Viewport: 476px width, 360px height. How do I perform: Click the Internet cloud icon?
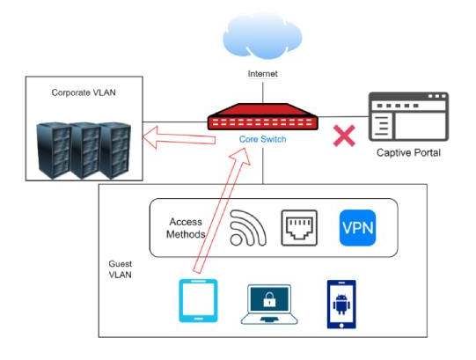tap(262, 36)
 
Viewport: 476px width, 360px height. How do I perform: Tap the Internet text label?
tap(262, 74)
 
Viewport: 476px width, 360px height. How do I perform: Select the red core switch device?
tap(263, 117)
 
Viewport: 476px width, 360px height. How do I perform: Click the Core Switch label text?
tap(262, 139)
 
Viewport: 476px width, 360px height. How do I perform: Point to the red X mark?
tap(344, 136)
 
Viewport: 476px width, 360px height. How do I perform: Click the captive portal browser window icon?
tap(408, 117)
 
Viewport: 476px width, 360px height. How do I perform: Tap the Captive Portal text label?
tap(408, 152)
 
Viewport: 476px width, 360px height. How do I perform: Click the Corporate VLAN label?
tap(84, 92)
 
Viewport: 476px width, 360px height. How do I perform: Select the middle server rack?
tap(85, 151)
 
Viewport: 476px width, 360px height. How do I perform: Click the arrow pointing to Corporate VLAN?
tap(179, 137)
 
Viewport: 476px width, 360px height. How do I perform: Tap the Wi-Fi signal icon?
tap(248, 228)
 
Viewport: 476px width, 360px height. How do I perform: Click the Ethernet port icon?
tap(299, 228)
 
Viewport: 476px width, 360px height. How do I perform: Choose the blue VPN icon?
tap(357, 228)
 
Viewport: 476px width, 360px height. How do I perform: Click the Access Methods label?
tap(186, 228)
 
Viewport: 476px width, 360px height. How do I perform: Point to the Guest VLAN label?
tap(121, 269)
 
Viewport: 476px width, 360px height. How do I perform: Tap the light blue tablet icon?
tap(198, 300)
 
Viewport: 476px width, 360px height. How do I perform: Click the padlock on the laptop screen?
tap(269, 299)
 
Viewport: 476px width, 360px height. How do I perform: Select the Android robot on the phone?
tap(341, 305)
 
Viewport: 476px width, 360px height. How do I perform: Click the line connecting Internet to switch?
tap(263, 92)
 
